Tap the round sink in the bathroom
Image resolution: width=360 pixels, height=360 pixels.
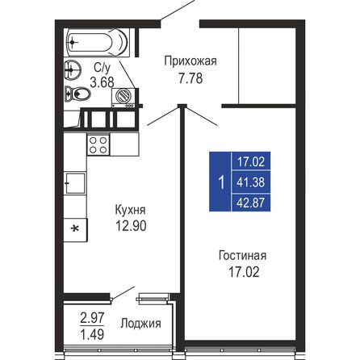pos(74,68)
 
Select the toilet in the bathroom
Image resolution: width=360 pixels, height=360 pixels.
pos(81,95)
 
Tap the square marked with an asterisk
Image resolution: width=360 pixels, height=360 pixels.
pos(75,228)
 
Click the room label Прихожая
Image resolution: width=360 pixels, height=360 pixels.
pos(190,60)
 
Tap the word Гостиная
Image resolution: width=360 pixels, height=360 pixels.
pos(242,256)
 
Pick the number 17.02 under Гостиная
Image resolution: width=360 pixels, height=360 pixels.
pos(242,272)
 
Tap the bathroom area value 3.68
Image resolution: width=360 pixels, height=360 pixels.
pos(103,82)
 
